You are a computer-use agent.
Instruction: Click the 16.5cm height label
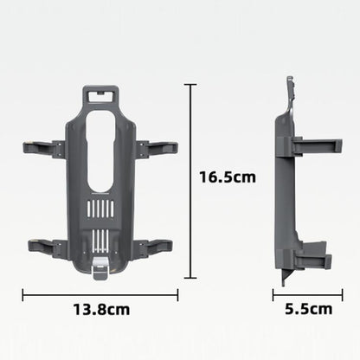(x=228, y=177)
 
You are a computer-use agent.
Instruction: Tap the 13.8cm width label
(x=101, y=308)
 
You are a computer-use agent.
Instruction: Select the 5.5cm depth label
(x=308, y=308)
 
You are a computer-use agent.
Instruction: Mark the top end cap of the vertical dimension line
(x=190, y=85)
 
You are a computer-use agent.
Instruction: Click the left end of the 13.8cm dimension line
(x=24, y=294)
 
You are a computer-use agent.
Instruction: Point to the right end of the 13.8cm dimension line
(x=177, y=294)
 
